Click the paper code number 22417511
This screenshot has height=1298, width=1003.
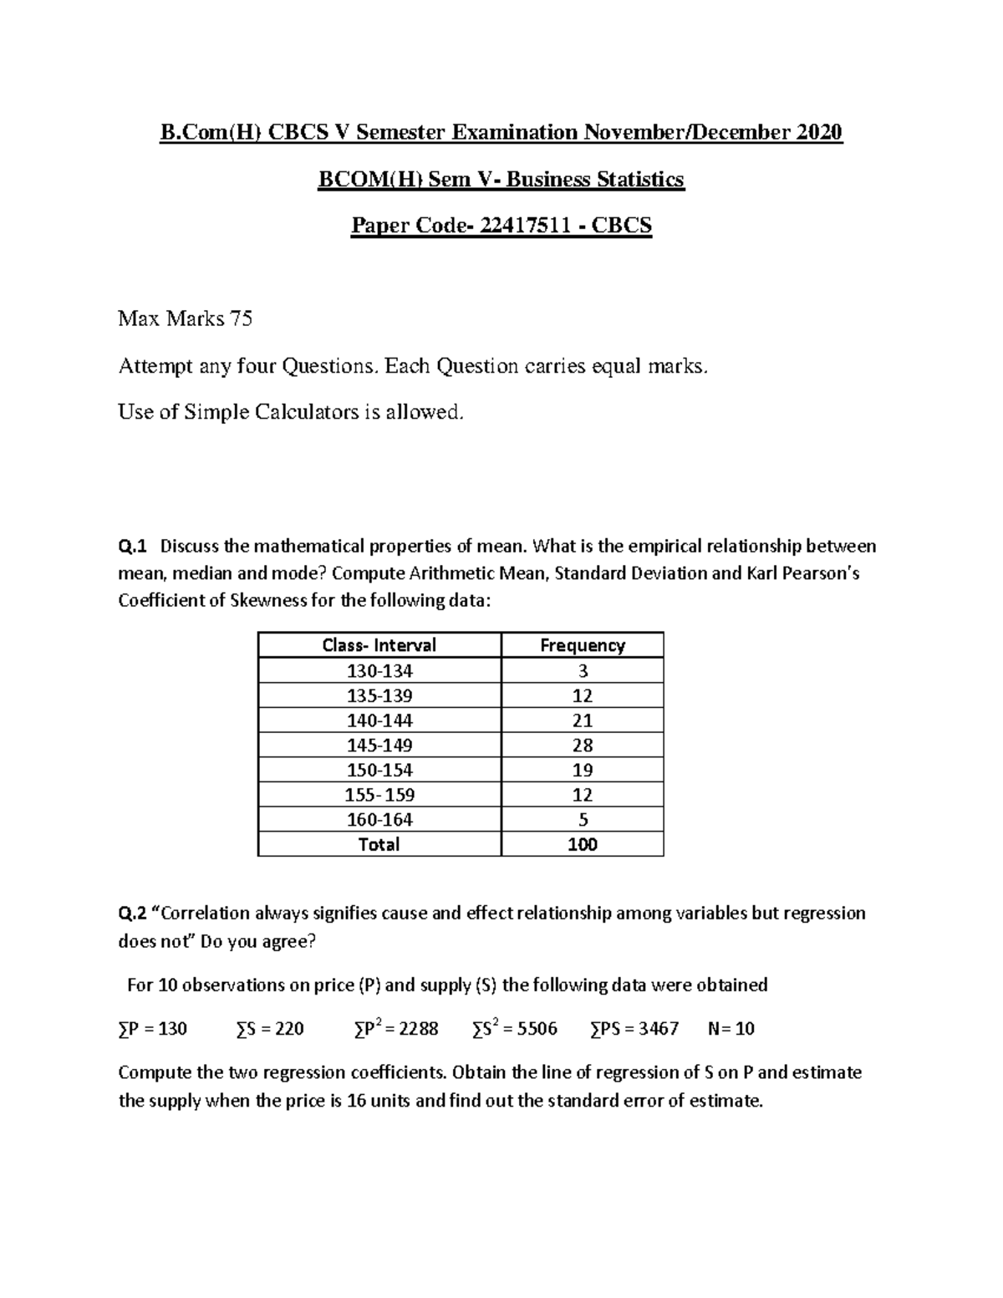click(x=525, y=226)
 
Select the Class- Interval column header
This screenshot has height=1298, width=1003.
click(x=379, y=645)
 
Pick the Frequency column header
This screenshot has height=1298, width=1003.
click(x=583, y=645)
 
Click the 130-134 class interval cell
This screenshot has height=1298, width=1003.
click(x=379, y=670)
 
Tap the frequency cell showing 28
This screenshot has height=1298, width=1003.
click(x=583, y=745)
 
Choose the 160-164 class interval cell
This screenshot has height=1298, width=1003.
click(x=379, y=819)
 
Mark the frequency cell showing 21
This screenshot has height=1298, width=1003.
click(x=583, y=720)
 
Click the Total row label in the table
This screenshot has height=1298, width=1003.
click(x=379, y=844)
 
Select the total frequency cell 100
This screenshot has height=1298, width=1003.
click(x=583, y=844)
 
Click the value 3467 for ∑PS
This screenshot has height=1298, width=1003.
click(x=658, y=1029)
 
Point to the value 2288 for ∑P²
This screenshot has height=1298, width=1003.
click(x=418, y=1029)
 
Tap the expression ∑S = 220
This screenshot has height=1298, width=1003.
click(x=270, y=1029)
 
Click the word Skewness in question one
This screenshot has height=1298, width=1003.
click(x=267, y=601)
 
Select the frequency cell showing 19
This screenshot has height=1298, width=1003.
click(x=583, y=770)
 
